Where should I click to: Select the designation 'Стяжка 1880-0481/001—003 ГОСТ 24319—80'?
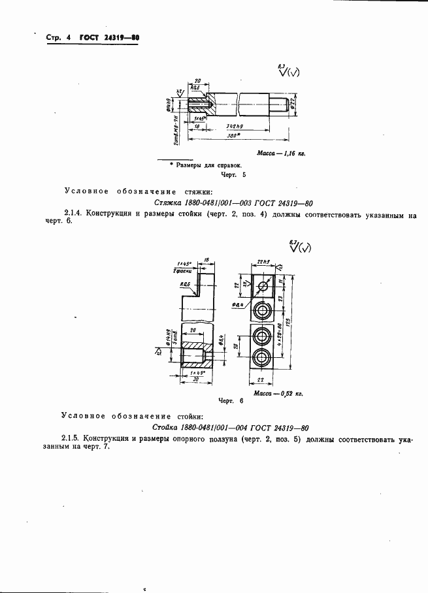click(232, 202)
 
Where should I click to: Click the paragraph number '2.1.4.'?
click(75, 214)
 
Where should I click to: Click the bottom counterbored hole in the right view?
click(263, 359)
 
